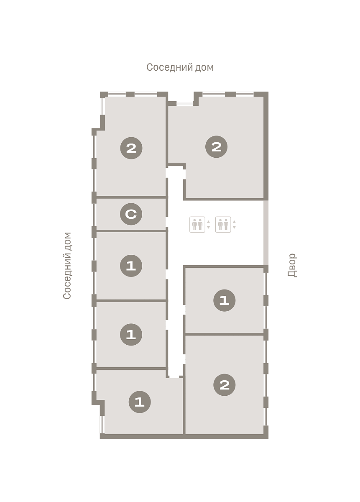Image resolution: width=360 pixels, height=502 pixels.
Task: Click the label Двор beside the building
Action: point(292,265)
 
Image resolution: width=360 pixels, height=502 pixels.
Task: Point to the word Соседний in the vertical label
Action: point(67,276)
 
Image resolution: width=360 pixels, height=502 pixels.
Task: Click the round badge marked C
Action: point(131,214)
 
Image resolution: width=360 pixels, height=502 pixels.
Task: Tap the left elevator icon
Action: point(197,224)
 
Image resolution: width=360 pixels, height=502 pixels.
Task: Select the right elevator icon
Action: point(223,224)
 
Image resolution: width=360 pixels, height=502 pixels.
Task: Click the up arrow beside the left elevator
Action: point(208,222)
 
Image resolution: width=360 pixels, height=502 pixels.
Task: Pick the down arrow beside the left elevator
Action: point(208,227)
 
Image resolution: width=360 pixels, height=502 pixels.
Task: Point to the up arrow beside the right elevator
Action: point(234,222)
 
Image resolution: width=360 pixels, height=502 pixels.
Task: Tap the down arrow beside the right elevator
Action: point(234,227)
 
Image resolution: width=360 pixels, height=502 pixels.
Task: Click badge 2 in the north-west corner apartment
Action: point(131,148)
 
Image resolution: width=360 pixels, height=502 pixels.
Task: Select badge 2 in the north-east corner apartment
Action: point(217,147)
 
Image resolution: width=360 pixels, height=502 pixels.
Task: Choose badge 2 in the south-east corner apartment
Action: point(225,385)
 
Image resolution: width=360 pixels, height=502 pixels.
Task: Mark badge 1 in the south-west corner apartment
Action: point(140,402)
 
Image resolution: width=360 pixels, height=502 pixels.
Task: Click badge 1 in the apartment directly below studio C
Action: point(131,266)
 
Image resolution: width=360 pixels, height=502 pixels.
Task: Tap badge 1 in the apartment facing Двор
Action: point(225,300)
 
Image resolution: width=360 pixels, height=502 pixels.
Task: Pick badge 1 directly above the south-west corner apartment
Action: point(131,334)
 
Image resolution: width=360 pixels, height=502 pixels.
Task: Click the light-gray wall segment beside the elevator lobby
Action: point(266,233)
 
